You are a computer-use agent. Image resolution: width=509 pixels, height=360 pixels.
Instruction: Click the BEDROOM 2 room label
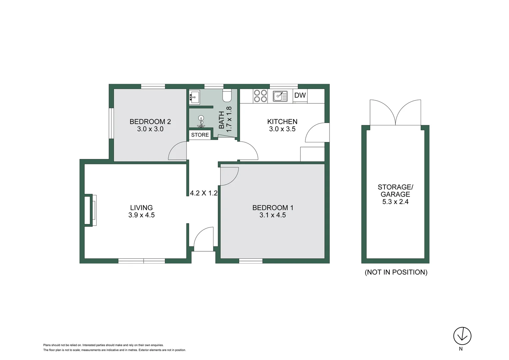[x=150, y=122]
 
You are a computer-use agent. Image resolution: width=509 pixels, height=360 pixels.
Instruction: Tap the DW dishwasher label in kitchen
[x=300, y=95]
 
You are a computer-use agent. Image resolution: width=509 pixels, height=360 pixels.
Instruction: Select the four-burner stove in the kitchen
[x=260, y=96]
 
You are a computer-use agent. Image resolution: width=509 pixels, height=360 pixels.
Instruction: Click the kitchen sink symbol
[x=280, y=96]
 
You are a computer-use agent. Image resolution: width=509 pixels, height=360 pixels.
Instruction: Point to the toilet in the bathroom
[x=227, y=96]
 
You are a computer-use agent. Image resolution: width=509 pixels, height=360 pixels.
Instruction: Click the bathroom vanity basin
[x=194, y=97]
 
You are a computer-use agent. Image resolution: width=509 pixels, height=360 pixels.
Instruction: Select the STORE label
[x=200, y=135]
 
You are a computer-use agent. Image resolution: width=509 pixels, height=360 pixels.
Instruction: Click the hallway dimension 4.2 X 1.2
[x=204, y=193]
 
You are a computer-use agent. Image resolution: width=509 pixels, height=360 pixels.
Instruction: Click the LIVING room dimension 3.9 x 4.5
[x=141, y=215]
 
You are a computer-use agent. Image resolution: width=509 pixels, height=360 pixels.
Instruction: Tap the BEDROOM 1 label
[x=272, y=208]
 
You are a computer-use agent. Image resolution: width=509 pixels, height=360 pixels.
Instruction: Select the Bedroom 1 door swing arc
[x=229, y=176]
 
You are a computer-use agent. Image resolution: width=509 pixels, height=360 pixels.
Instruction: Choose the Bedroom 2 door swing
[x=177, y=151]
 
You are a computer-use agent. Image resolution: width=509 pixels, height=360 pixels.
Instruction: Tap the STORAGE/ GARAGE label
[x=395, y=191]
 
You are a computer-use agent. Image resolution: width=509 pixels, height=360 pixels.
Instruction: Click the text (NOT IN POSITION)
[x=396, y=272]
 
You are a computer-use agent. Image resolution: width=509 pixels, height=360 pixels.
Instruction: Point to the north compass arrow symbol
[x=462, y=336]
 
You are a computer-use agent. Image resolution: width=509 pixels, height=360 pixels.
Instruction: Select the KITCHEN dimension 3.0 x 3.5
[x=282, y=129]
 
